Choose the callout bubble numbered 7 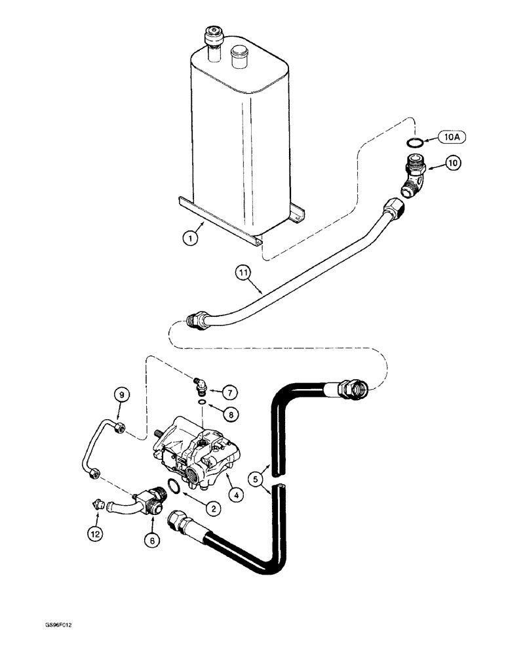[x=229, y=392]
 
